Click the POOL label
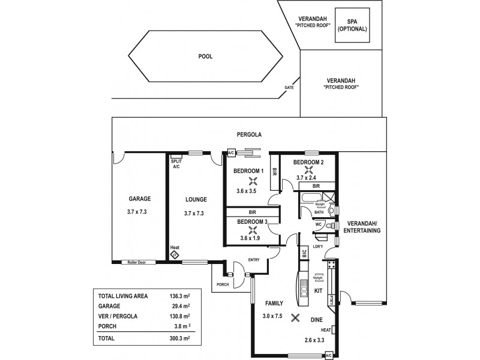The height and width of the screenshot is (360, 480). coord(206,56)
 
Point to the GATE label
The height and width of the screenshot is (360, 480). coord(289,88)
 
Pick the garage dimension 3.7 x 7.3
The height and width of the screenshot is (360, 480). coord(139,212)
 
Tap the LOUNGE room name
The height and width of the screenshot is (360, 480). coord(196,199)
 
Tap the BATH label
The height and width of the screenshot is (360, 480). coord(319,212)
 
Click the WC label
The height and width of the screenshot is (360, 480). coord(319,224)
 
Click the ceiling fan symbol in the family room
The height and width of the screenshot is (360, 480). coord(294,319)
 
